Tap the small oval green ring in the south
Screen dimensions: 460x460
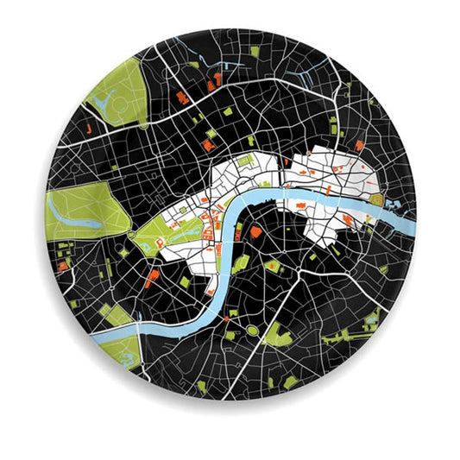click(x=253, y=330)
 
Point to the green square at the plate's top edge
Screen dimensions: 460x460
click(x=255, y=52)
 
